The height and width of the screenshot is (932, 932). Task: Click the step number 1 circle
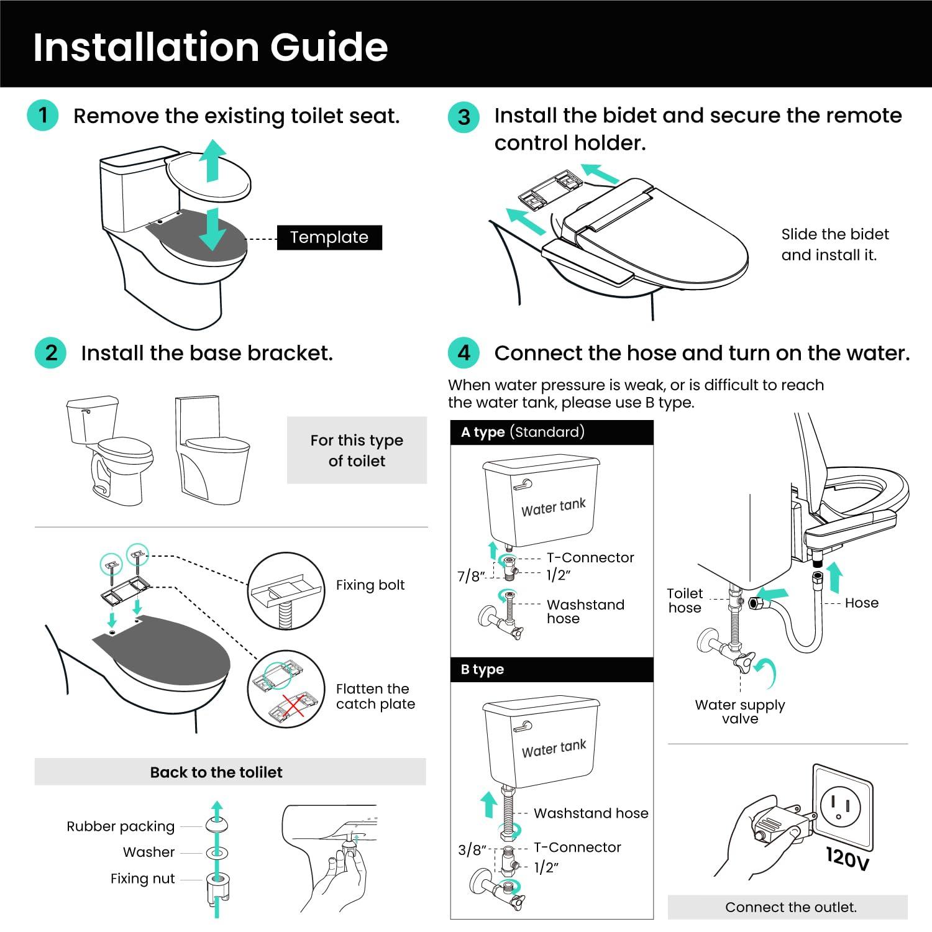(x=43, y=116)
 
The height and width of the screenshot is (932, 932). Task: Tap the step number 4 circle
(x=464, y=353)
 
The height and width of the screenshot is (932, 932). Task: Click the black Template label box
(x=329, y=237)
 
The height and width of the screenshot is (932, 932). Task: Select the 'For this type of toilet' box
(x=357, y=450)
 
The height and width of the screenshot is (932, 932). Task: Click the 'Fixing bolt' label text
(x=370, y=585)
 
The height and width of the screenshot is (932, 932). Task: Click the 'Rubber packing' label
(x=121, y=826)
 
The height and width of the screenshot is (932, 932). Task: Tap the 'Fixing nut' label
(x=142, y=879)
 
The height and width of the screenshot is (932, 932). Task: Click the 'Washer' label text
(x=148, y=852)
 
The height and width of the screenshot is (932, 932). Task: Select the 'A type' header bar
(x=552, y=432)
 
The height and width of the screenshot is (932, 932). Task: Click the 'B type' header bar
(x=552, y=669)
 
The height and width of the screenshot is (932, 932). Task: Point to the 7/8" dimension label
(x=471, y=576)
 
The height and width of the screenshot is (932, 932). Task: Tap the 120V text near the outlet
(x=847, y=858)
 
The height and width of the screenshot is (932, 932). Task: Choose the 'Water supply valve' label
(x=739, y=711)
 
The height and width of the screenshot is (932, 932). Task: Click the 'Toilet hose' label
(x=685, y=601)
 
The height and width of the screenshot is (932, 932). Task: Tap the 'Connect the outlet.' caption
(x=790, y=907)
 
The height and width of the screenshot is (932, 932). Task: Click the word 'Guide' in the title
(x=329, y=47)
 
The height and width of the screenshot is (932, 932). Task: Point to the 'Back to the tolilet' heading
(x=216, y=772)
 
